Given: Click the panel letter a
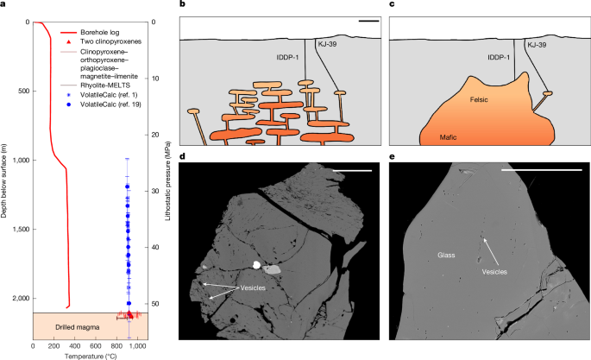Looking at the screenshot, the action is (4, 5).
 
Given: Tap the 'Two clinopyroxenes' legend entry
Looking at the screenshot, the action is (114, 41).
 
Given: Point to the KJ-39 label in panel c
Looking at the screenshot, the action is (538, 43).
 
